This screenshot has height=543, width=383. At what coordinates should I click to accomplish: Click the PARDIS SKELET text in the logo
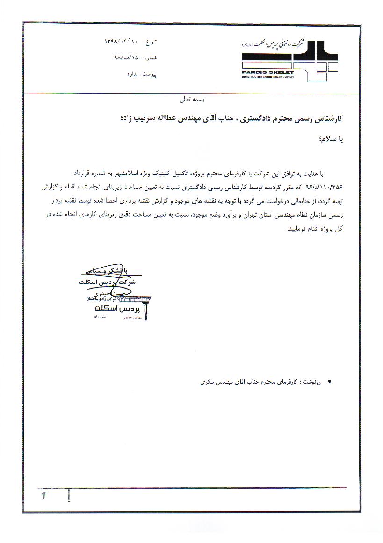pyautogui.click(x=268, y=72)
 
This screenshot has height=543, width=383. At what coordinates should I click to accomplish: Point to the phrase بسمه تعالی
pyautogui.click(x=192, y=100)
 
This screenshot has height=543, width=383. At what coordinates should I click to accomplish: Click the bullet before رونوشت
pyautogui.click(x=331, y=382)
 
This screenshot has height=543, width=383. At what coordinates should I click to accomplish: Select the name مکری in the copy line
pyautogui.click(x=206, y=382)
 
